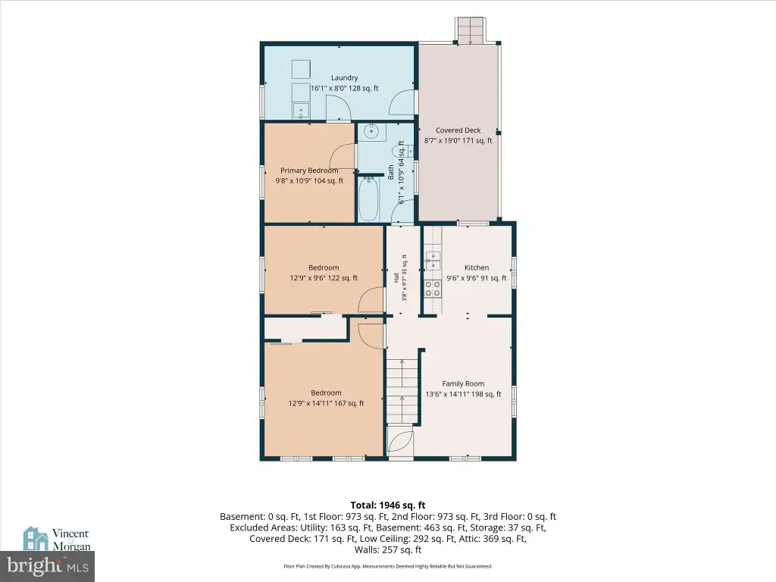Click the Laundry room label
345,78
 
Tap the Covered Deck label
458,130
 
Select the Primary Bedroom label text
309,171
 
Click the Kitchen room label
477,268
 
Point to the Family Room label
463,383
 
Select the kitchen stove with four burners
433,289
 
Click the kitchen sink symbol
433,261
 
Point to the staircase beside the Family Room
403,392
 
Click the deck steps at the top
470,30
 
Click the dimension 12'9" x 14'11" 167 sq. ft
326,403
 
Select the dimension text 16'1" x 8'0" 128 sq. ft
345,88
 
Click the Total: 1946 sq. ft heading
388,505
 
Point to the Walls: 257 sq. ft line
388,549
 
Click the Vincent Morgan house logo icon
36,539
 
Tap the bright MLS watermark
48,566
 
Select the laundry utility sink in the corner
300,110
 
